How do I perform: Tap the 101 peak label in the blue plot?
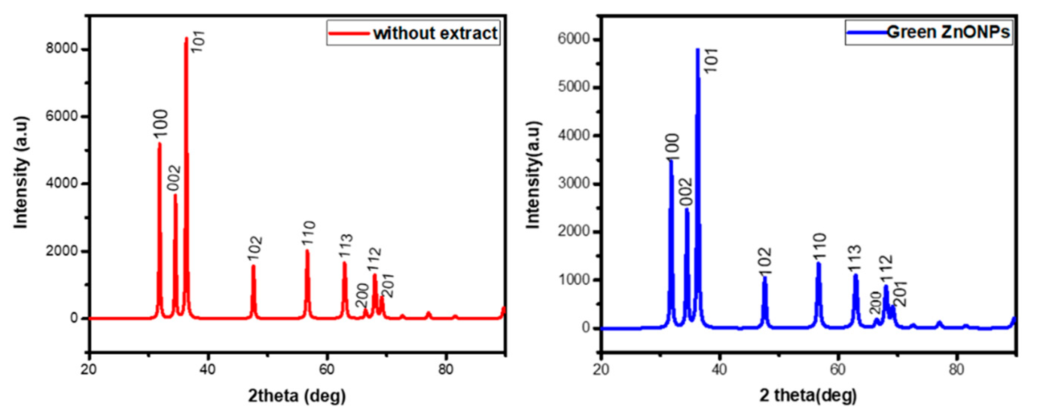(x=711, y=60)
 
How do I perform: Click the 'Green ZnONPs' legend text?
(x=948, y=32)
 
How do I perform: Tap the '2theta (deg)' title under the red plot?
(x=297, y=396)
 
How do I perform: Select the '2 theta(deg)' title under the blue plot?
(x=808, y=396)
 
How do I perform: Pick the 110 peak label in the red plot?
(x=308, y=233)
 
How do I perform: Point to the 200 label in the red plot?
(x=362, y=296)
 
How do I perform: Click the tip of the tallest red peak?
(x=186, y=38)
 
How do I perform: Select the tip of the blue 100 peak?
(x=671, y=161)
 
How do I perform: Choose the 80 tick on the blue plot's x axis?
(x=956, y=369)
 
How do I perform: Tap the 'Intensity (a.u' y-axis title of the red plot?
(x=21, y=173)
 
